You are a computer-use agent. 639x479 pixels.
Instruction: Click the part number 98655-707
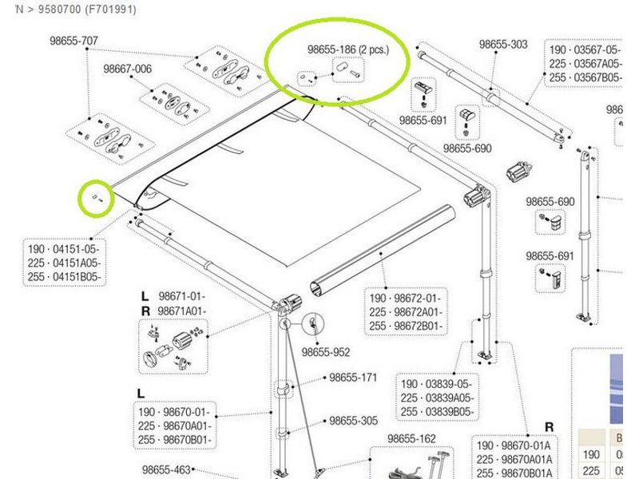[x=67, y=41]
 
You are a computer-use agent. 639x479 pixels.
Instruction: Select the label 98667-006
[x=127, y=69]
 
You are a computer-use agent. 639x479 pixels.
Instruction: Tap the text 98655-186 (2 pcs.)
[x=347, y=49]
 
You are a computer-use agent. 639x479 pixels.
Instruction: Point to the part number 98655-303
[x=503, y=45]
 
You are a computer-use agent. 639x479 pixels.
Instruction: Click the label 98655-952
[x=326, y=351]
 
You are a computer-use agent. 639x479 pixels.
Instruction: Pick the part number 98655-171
[x=353, y=378]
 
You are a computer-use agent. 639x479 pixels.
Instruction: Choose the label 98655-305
[x=353, y=421]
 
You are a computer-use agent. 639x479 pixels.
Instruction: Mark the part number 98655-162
[x=411, y=438]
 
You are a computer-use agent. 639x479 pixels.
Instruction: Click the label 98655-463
[x=166, y=470]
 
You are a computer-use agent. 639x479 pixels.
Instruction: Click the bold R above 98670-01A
[x=550, y=427]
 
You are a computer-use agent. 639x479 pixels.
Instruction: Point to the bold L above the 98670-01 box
[x=141, y=394]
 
